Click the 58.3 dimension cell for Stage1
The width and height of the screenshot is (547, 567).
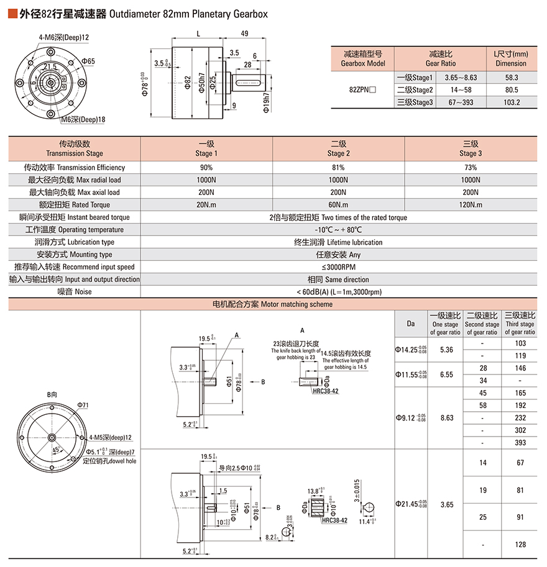click(512, 78)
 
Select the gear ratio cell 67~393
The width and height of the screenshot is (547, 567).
click(461, 102)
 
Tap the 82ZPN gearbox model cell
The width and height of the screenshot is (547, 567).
click(362, 90)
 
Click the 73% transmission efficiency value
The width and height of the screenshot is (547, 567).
click(471, 167)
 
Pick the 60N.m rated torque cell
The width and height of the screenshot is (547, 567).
click(338, 204)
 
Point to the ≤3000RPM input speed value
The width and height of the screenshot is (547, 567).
click(338, 266)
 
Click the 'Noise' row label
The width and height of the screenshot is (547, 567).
click(75, 291)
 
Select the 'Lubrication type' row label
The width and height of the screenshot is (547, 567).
click(75, 242)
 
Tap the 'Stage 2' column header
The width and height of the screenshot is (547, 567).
click(338, 148)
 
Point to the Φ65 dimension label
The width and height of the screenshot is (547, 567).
click(88, 61)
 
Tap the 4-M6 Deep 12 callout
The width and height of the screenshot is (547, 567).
click(64, 37)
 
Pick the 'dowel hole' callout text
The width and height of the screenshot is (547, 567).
click(110, 461)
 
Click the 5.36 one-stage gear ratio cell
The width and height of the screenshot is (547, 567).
click(446, 350)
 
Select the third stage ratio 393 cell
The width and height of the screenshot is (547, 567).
click(520, 443)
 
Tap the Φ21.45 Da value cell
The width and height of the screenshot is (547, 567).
click(410, 505)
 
